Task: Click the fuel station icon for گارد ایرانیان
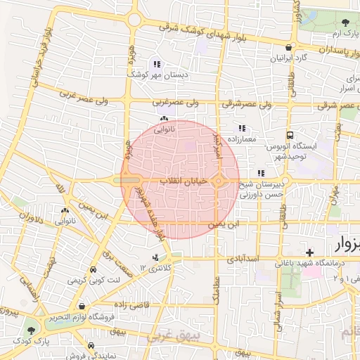(289, 47)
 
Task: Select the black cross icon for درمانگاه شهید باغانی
(309, 252)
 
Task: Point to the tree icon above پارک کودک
(30, 328)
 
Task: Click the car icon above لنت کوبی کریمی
(94, 269)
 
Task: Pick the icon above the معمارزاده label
(243, 129)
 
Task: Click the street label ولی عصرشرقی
(240, 103)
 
